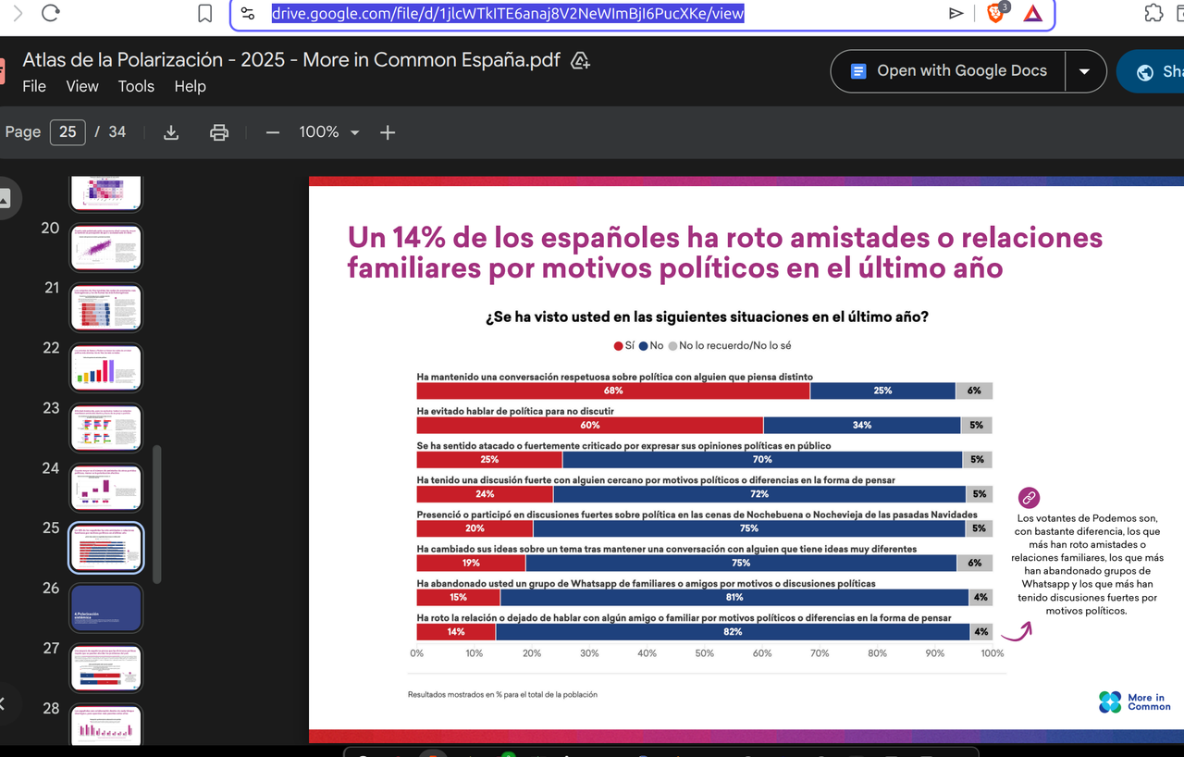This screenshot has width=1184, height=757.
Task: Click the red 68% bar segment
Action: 612,391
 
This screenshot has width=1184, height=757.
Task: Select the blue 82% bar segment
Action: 733,632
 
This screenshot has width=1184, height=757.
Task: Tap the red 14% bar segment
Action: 456,632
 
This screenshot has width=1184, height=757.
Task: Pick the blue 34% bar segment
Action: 861,425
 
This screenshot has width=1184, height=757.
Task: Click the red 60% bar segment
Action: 590,425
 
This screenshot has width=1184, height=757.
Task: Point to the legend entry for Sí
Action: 624,345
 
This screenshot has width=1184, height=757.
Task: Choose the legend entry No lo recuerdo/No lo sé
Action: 729,345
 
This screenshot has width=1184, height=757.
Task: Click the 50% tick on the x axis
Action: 704,653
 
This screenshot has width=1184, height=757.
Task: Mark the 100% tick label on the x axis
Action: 992,653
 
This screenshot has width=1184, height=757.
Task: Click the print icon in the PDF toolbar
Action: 219,132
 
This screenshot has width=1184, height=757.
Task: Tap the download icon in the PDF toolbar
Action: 171,132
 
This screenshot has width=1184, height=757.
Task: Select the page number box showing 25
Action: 68,131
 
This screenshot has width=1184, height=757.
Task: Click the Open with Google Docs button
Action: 948,71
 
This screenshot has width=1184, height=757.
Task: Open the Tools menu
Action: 136,86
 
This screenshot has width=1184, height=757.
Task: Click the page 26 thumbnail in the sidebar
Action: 106,608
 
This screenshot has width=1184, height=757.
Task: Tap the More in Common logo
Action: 1134,702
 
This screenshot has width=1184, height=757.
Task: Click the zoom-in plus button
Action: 388,132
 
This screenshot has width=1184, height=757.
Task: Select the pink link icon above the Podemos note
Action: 1029,498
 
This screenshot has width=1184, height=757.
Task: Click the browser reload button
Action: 51,13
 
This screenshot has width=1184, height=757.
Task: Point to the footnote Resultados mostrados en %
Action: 502,694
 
